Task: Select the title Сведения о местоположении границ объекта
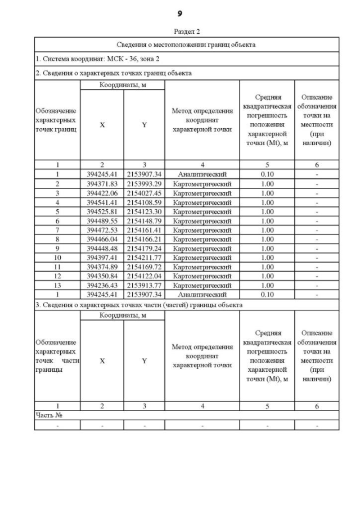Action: pyautogui.click(x=186, y=44)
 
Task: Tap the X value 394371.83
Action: pyautogui.click(x=102, y=184)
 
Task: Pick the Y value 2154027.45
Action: pyautogui.click(x=144, y=193)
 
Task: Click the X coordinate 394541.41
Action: pyautogui.click(x=102, y=202)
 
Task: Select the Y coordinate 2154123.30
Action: pyautogui.click(x=144, y=211)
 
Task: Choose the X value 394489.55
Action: pyautogui.click(x=102, y=220)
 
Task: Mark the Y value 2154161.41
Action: pyautogui.click(x=144, y=230)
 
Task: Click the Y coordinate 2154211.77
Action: pyautogui.click(x=144, y=258)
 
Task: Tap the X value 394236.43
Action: pyautogui.click(x=102, y=285)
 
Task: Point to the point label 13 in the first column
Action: pyautogui.click(x=57, y=285)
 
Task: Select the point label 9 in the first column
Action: pyautogui.click(x=57, y=248)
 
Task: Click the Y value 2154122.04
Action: pyautogui.click(x=144, y=276)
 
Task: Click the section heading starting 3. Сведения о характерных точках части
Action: pyautogui.click(x=139, y=304)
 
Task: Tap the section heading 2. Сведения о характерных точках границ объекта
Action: pyautogui.click(x=113, y=73)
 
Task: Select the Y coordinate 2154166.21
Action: pyautogui.click(x=144, y=239)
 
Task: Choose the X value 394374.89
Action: pyautogui.click(x=102, y=267)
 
